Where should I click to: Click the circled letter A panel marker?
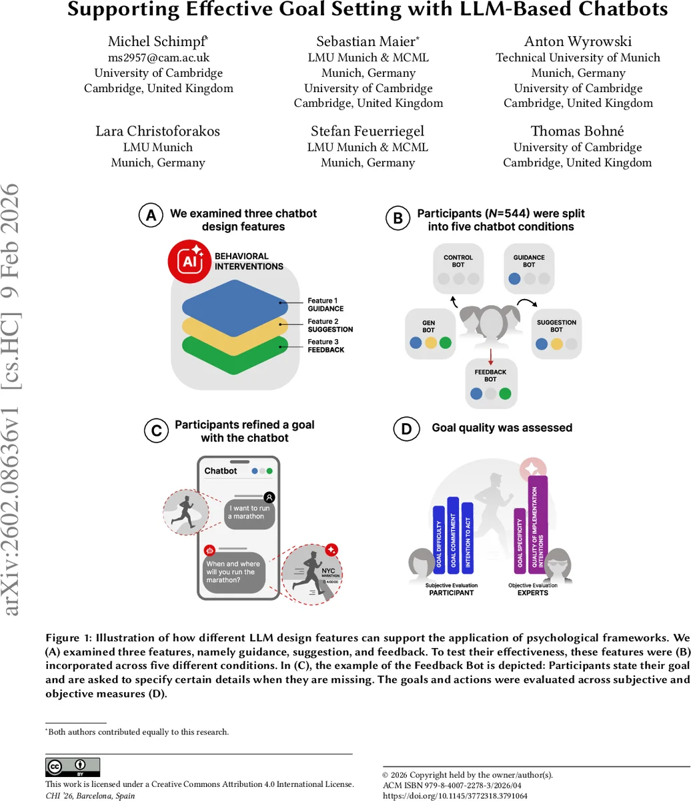(151, 216)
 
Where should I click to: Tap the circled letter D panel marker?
(406, 429)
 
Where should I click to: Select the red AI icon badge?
(189, 261)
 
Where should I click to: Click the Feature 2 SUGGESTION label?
(330, 325)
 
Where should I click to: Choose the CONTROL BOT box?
(458, 269)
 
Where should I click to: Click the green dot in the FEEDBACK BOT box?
(506, 394)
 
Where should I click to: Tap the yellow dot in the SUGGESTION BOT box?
(556, 344)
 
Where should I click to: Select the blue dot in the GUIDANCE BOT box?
(514, 279)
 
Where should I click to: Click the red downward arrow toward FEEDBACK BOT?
(491, 355)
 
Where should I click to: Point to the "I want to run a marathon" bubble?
(249, 513)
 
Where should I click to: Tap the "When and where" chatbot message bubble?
(234, 572)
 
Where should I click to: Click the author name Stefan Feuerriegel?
(368, 131)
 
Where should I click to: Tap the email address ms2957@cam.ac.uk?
(159, 57)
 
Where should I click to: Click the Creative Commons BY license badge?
(73, 767)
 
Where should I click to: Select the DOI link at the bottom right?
(455, 796)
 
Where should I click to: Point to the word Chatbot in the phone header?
(221, 471)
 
